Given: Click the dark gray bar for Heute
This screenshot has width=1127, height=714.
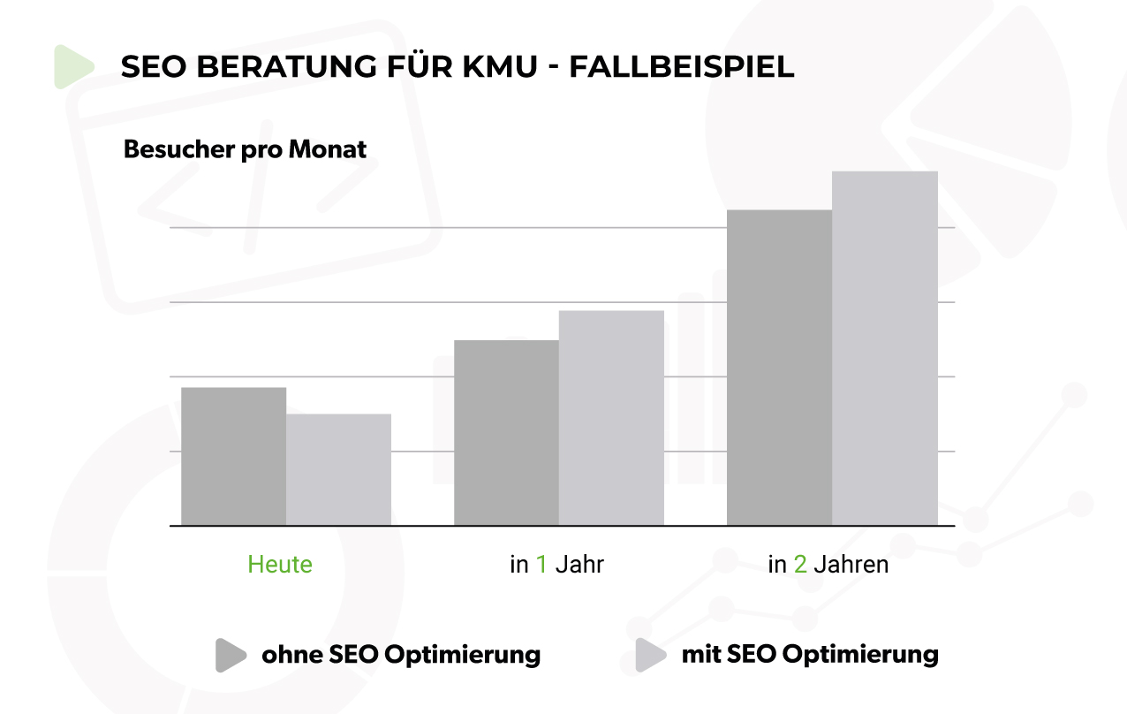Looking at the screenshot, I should click(x=233, y=456).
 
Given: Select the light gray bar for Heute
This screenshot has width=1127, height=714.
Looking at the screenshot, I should click(x=338, y=469).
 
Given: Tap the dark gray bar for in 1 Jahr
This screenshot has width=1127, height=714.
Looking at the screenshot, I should click(x=506, y=432).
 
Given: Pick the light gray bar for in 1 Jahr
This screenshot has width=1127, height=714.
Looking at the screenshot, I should click(x=611, y=418).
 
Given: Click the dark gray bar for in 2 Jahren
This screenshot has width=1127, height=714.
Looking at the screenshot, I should click(x=779, y=368).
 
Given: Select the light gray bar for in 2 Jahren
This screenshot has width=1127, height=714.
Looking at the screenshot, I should click(x=884, y=348).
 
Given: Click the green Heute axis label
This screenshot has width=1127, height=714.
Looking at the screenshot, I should click(x=280, y=565).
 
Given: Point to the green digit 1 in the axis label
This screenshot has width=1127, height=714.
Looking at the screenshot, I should click(x=541, y=565).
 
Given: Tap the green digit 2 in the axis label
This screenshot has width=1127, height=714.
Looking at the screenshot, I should click(x=800, y=565).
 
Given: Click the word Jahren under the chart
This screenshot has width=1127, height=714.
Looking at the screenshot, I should click(x=851, y=565).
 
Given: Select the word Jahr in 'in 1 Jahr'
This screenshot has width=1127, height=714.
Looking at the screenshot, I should click(x=579, y=565).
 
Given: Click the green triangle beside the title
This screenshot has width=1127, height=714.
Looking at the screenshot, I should click(x=72, y=67).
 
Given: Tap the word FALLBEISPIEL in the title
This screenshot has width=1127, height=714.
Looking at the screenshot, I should click(x=681, y=67).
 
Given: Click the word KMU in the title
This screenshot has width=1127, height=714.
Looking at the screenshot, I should click(x=500, y=67).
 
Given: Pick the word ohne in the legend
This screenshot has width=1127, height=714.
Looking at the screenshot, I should click(x=291, y=655).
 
